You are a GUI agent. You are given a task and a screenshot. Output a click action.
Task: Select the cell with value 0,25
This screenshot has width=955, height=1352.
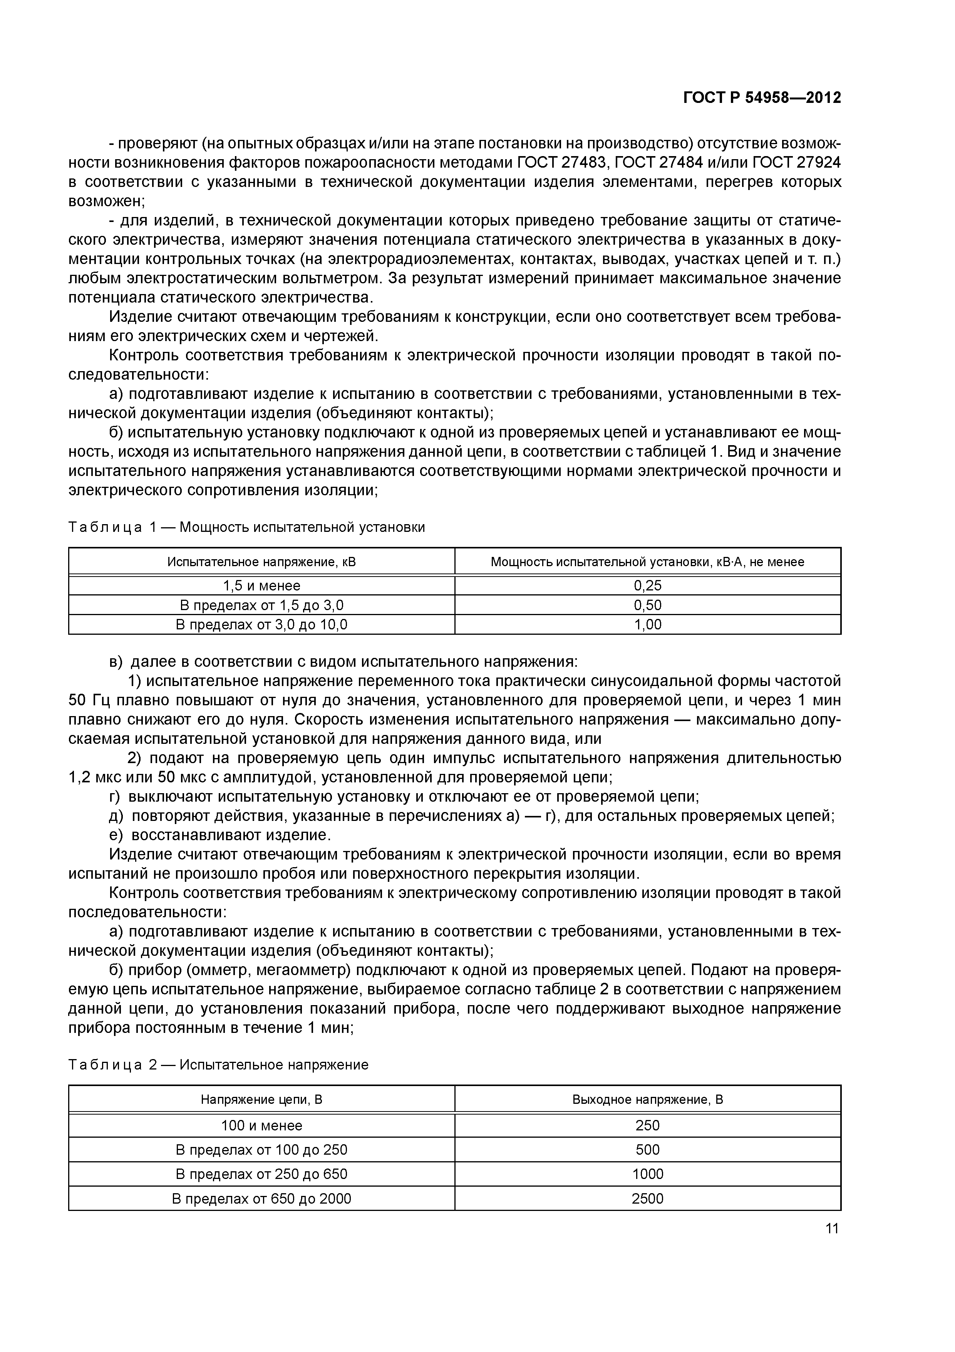[647, 585]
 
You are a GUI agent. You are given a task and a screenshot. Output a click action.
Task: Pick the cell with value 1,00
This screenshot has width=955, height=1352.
[647, 624]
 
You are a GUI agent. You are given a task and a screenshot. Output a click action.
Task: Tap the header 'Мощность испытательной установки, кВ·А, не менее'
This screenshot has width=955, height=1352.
[647, 562]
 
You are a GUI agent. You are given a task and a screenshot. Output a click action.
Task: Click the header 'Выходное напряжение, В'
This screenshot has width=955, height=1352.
[647, 1100]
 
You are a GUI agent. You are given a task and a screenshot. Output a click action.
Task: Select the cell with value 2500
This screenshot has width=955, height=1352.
[647, 1198]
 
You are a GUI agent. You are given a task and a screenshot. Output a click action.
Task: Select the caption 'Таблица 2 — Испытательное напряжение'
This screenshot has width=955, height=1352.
[218, 1064]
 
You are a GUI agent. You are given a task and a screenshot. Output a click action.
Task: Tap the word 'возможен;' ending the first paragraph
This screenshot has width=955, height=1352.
[107, 201]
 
